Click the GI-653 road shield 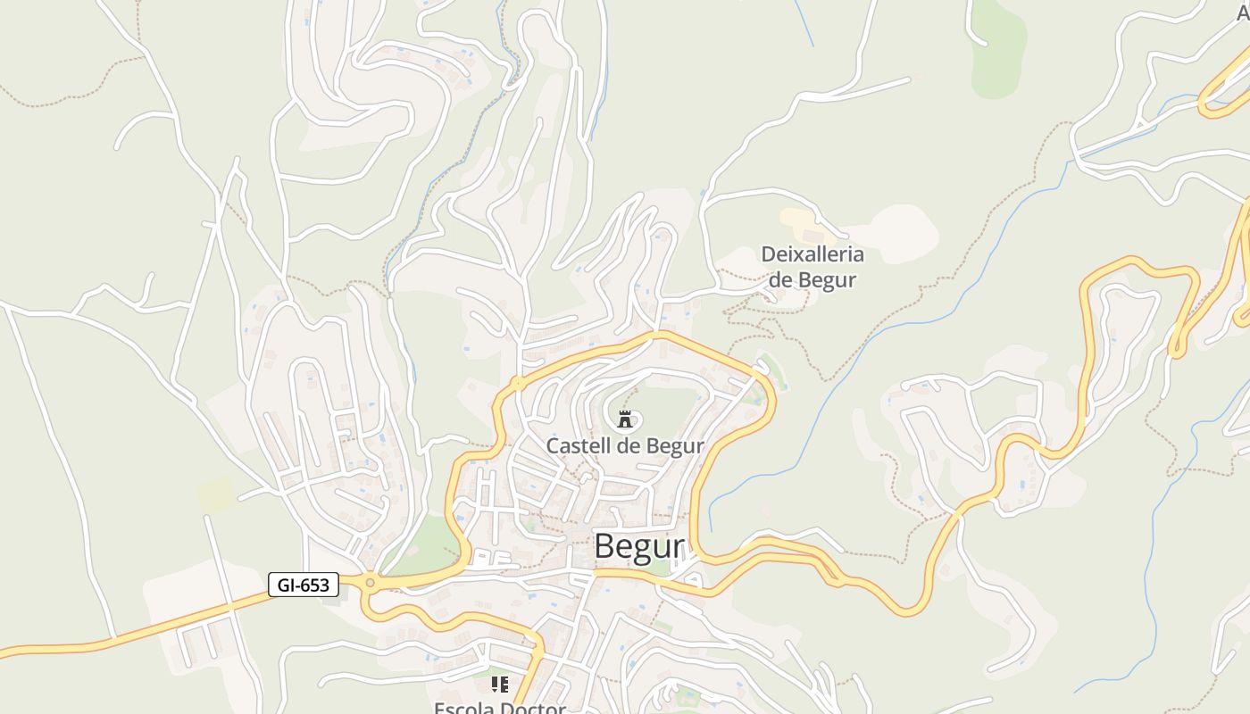click(304, 585)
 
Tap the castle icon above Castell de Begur click(625, 418)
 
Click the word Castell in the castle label click(575, 445)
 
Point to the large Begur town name click(639, 546)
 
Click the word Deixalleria click(812, 254)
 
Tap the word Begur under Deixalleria click(827, 279)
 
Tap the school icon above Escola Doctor click(500, 685)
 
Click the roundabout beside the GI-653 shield click(370, 583)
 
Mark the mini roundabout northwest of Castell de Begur click(517, 385)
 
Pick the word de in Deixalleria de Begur click(780, 279)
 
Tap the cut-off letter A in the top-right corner click(1243, 12)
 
